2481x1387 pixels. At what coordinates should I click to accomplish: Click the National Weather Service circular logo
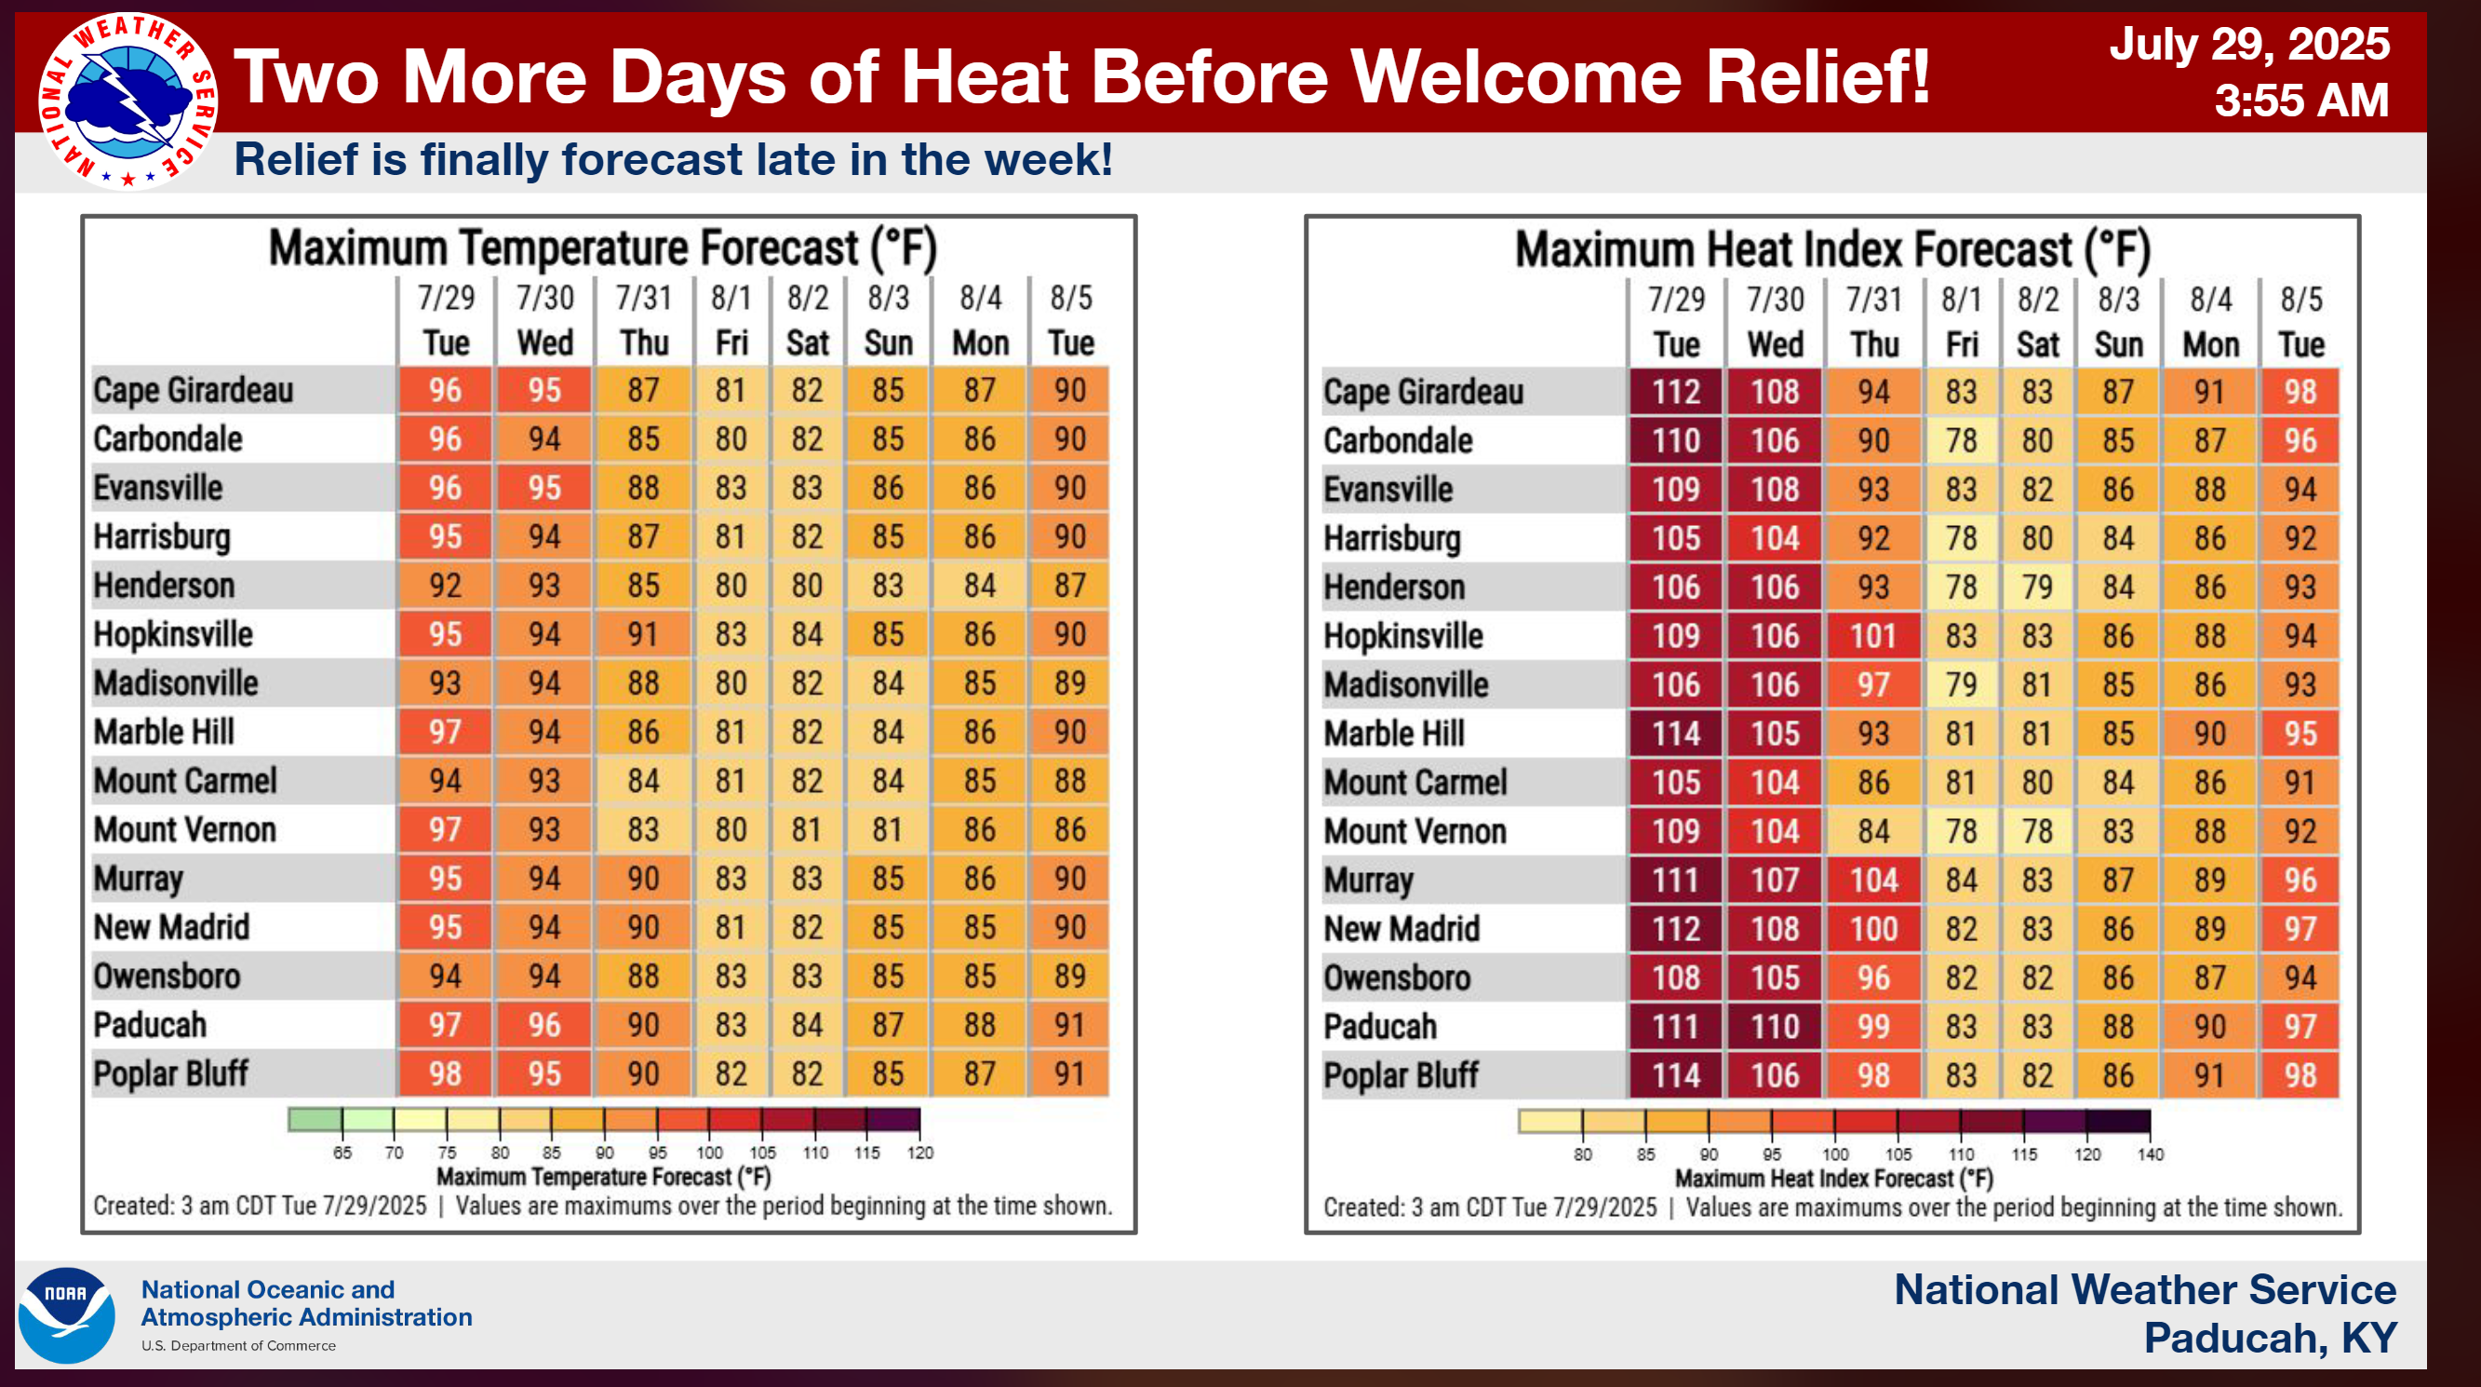click(x=127, y=101)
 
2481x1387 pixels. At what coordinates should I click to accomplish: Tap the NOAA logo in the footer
click(x=65, y=1314)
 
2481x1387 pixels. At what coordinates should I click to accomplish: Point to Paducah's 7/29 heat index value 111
click(x=1676, y=1027)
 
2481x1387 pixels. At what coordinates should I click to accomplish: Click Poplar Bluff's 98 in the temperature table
click(x=445, y=1074)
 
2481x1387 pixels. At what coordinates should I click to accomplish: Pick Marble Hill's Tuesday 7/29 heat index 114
click(x=1676, y=734)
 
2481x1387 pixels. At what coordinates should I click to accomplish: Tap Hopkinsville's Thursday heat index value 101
click(x=1873, y=637)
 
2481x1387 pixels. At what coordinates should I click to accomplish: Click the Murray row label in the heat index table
click(x=1369, y=881)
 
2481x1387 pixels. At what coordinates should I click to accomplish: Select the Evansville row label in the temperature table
click(x=158, y=489)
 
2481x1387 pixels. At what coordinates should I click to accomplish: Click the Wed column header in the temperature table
click(x=544, y=343)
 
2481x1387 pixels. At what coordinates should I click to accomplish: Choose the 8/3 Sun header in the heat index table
click(x=2118, y=323)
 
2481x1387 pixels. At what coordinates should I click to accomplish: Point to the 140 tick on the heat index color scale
click(x=2150, y=1154)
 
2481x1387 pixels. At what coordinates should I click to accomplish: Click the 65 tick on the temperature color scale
click(x=342, y=1152)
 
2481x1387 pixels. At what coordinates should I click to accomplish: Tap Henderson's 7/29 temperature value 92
click(x=445, y=586)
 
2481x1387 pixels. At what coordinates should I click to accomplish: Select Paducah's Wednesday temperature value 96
click(x=544, y=1025)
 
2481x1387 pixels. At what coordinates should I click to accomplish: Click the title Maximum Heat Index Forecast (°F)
click(x=1831, y=250)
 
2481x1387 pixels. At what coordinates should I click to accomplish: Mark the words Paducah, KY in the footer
click(x=2269, y=1338)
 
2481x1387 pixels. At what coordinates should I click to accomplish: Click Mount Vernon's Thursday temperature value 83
click(x=643, y=830)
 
